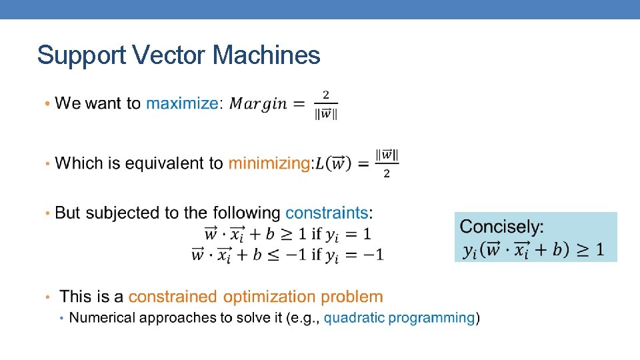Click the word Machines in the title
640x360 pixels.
tap(267, 55)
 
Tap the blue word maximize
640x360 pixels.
tap(181, 103)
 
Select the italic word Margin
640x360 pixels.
tap(258, 104)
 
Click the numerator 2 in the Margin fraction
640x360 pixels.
tap(327, 95)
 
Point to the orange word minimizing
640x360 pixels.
tap(269, 163)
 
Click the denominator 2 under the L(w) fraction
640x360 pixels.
tap(387, 174)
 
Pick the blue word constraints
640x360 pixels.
tap(327, 213)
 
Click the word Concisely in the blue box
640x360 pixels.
tap(502, 227)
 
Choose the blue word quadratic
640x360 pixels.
tap(354, 318)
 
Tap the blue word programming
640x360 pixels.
tap(432, 318)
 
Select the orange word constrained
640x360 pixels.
tap(173, 297)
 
